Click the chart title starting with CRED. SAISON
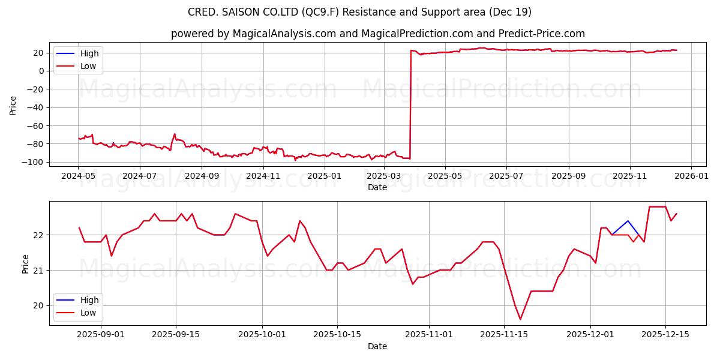click(x=360, y=12)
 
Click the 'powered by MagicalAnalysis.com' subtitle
click(x=378, y=34)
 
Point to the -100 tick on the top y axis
click(x=35, y=162)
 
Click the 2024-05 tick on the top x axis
click(x=79, y=176)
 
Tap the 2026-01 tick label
click(x=691, y=176)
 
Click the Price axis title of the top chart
click(x=13, y=105)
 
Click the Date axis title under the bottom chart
click(x=377, y=346)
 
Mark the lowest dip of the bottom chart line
click(x=520, y=319)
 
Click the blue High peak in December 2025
click(x=628, y=221)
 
